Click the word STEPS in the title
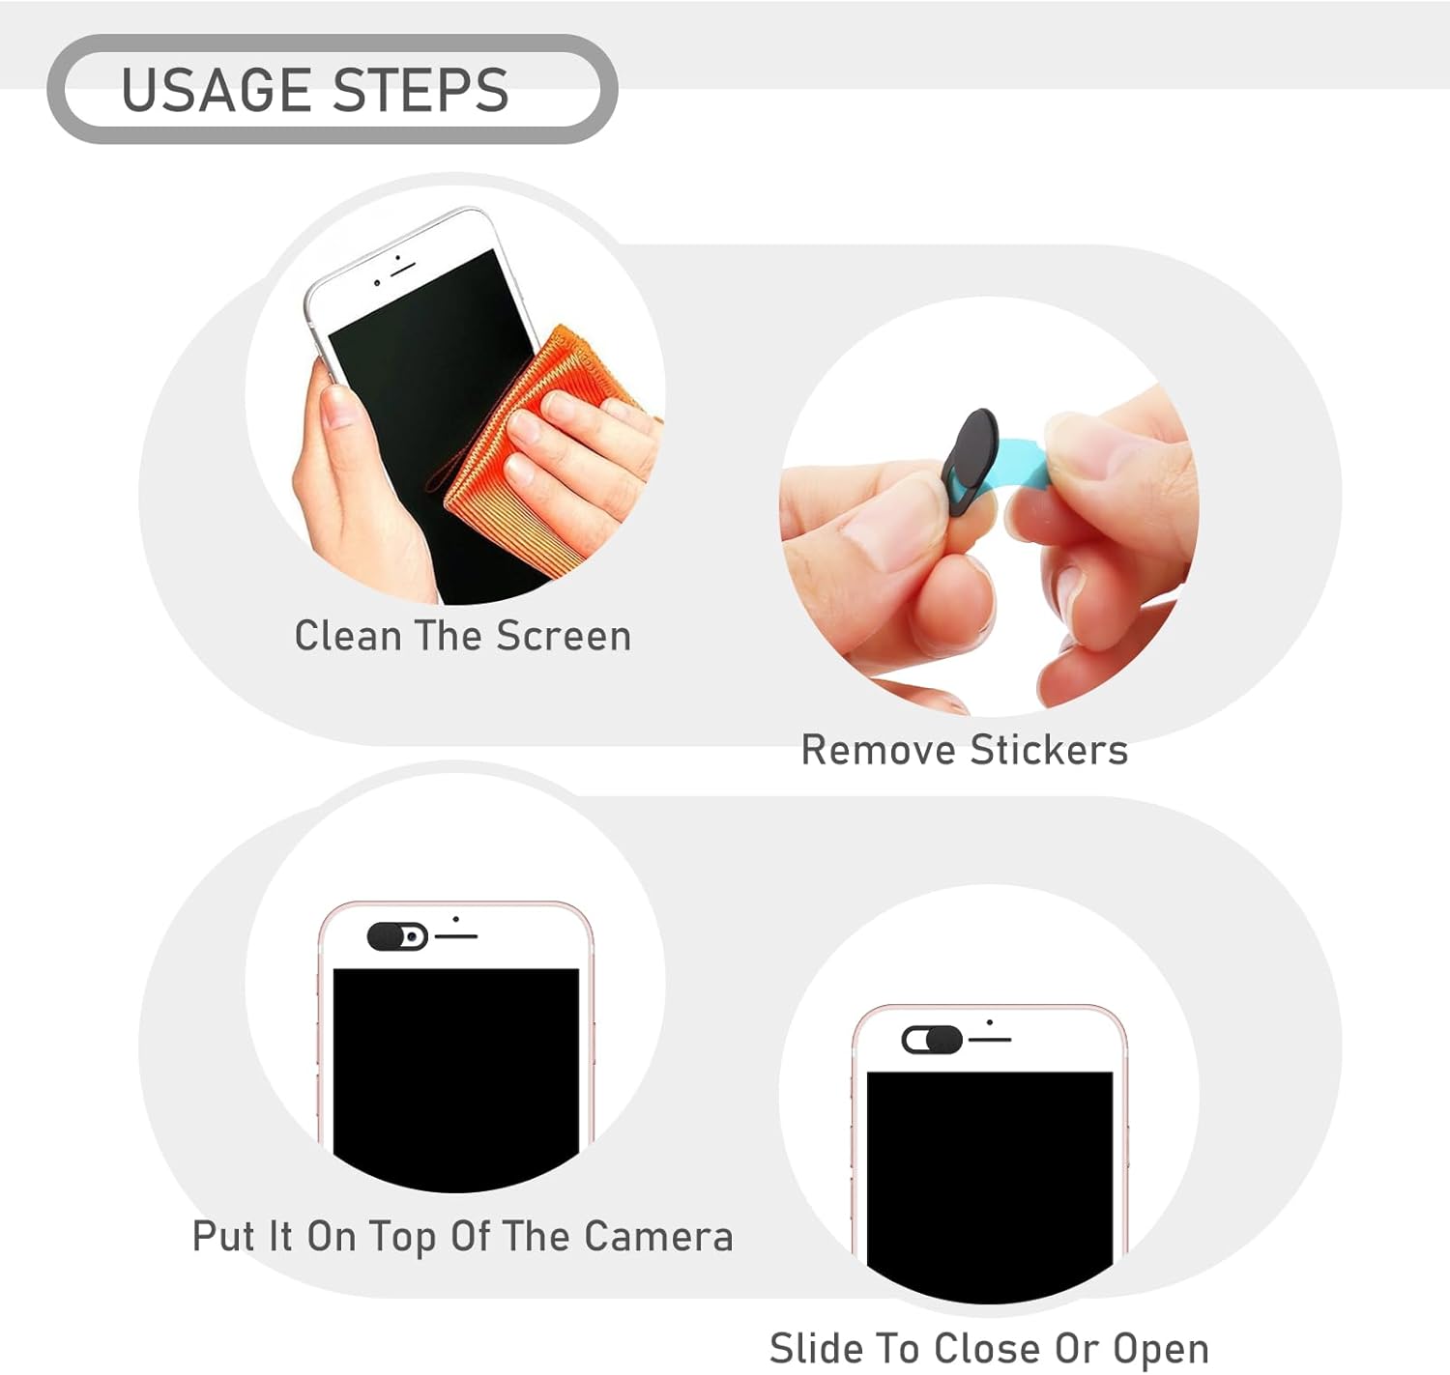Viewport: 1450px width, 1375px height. (421, 90)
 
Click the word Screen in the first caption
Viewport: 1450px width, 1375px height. (564, 636)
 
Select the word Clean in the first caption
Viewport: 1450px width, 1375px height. (348, 636)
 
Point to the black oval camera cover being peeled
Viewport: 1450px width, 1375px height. (970, 462)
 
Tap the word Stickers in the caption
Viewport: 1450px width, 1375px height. (1048, 750)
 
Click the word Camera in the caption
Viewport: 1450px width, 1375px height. (658, 1236)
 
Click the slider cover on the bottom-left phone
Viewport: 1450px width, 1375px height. (397, 936)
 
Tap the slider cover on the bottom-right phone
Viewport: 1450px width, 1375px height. (932, 1040)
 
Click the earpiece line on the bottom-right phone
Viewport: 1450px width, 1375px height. (990, 1040)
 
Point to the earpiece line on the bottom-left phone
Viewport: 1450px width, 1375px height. (456, 936)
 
